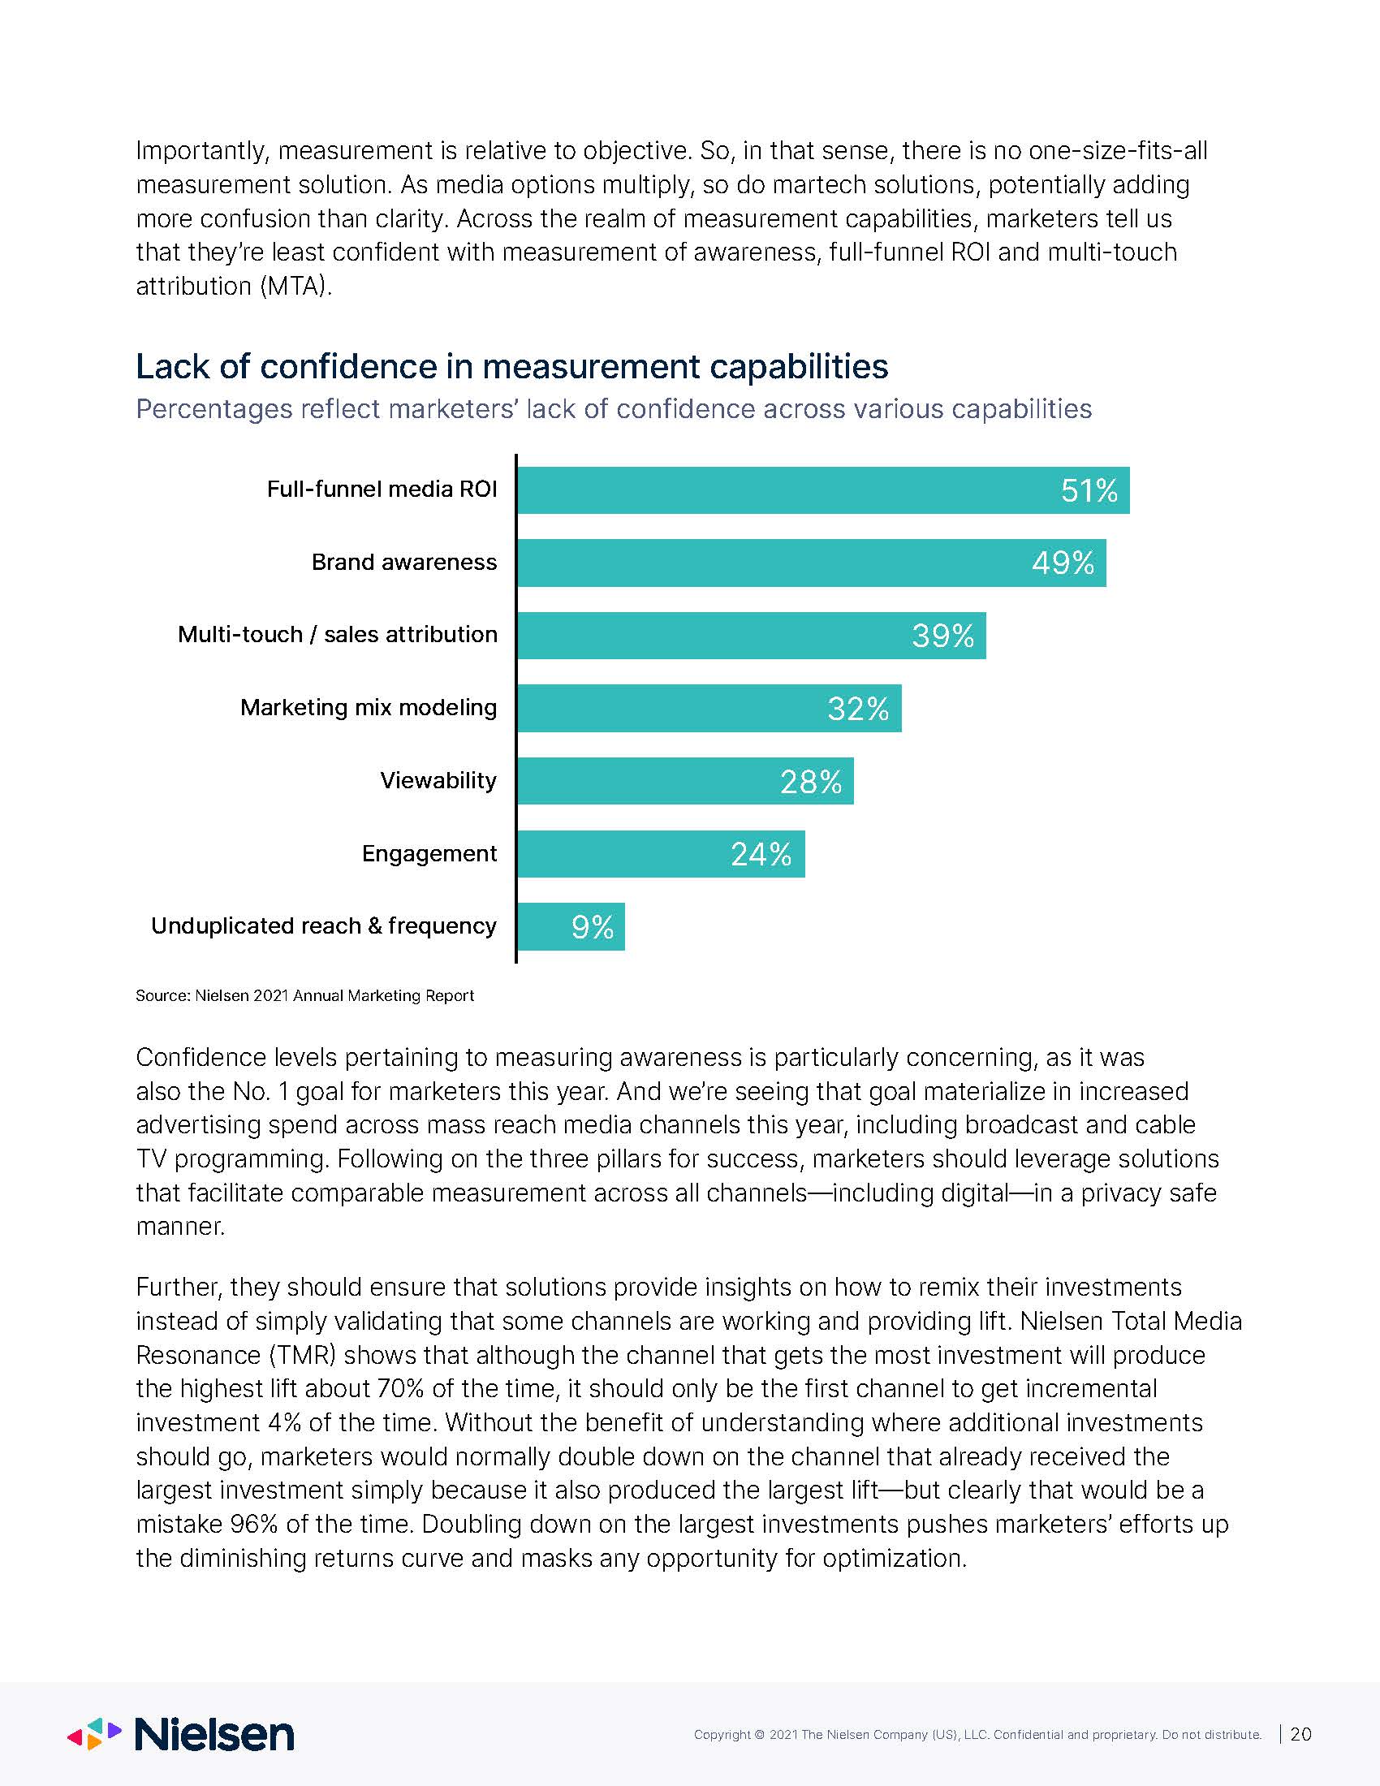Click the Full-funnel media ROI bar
tap(823, 490)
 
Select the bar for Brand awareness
tap(812, 563)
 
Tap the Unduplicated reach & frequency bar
tap(571, 926)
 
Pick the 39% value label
tap(943, 636)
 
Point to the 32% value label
tap(858, 709)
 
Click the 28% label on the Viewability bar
tap(811, 783)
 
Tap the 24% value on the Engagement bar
tap(761, 855)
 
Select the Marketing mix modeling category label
tap(369, 707)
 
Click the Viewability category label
tap(438, 780)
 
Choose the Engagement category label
tap(429, 854)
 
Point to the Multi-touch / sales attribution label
tap(338, 634)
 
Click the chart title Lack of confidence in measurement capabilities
tap(511, 366)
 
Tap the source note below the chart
tap(305, 995)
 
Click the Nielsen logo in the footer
tap(180, 1734)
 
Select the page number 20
tap(1300, 1734)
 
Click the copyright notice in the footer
tap(978, 1735)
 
